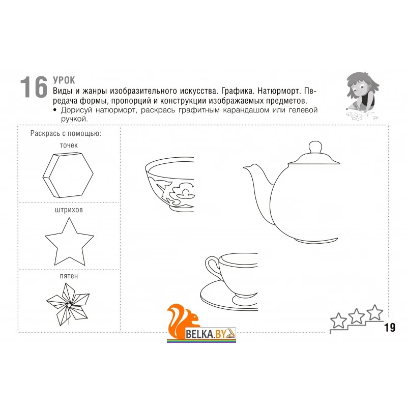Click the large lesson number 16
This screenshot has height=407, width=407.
[x=34, y=87]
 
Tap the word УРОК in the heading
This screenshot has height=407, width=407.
[x=64, y=80]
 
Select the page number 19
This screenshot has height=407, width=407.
[x=390, y=328]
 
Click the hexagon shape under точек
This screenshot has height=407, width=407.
[x=68, y=175]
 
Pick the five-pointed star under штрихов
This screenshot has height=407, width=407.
[x=69, y=242]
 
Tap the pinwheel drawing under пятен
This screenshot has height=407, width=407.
[x=68, y=304]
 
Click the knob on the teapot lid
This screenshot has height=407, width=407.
[x=315, y=148]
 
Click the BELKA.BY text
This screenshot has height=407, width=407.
[x=206, y=334]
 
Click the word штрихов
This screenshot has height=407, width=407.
[x=69, y=210]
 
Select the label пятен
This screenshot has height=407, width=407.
[x=69, y=276]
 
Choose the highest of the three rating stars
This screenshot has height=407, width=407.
[x=374, y=312]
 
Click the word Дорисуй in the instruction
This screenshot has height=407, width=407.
[x=77, y=110]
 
